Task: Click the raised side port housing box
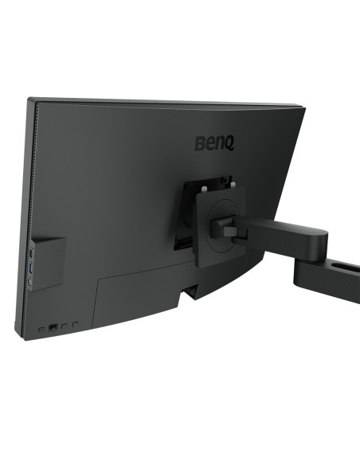click(47, 262)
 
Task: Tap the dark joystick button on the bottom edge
click(53, 327)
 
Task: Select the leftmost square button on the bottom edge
click(41, 328)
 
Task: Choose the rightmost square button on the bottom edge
click(75, 325)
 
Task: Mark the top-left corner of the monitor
click(29, 100)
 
